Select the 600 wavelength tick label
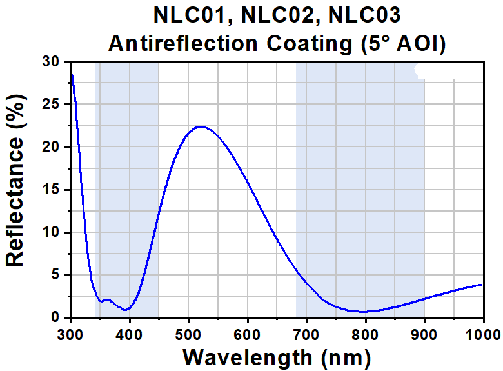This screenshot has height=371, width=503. coord(247,334)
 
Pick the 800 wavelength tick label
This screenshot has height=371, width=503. coord(365,334)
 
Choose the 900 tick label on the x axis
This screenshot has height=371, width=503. coord(424,334)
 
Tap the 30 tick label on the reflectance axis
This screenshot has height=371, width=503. coord(50,62)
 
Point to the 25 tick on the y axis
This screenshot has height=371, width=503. coord(50,105)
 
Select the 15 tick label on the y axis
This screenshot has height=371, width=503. coord(50,190)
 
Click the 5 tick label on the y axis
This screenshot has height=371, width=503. coord(55,275)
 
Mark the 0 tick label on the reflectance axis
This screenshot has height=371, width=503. coord(55,317)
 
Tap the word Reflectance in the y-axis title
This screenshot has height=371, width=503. coord(15,189)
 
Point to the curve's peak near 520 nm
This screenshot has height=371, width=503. coord(202,126)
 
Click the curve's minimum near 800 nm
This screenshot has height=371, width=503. coord(365,312)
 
